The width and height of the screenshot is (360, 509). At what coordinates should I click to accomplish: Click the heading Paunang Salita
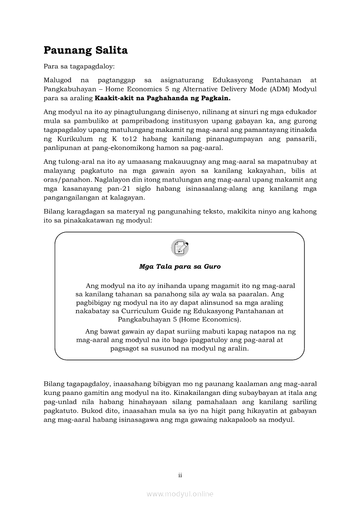85,51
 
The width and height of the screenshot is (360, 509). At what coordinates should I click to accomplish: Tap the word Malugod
57,81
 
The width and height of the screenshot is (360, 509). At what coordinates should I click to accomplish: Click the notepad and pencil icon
180,248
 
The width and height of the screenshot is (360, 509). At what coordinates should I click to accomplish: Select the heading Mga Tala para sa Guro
180,266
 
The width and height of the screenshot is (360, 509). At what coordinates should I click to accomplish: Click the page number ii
180,475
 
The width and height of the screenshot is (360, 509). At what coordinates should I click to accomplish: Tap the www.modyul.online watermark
180,494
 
